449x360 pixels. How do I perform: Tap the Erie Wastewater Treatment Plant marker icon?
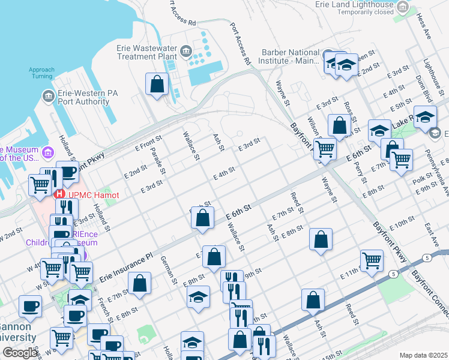click(186, 51)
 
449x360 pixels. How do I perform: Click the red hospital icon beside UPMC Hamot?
click(59, 194)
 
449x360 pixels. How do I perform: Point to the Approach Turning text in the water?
click(41, 73)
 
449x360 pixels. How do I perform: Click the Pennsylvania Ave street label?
click(445, 179)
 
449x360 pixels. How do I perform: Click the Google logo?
click(20, 353)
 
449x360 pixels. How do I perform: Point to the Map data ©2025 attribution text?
click(423, 355)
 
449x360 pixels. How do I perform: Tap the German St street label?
click(167, 269)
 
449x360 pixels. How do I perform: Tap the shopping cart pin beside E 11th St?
click(372, 261)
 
